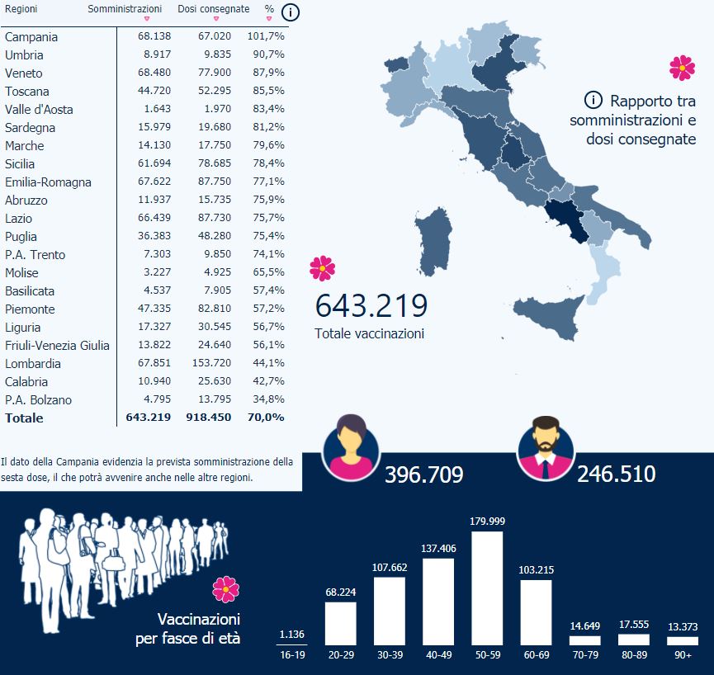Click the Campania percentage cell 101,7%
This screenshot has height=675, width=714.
(x=266, y=37)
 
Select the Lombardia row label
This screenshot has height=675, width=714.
(x=32, y=364)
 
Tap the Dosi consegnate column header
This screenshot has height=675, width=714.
(x=213, y=8)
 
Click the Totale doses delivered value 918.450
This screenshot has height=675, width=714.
(x=208, y=418)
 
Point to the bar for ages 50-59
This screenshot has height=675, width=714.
(x=486, y=588)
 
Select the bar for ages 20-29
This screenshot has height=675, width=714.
(x=340, y=623)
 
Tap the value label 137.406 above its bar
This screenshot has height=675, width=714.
(x=438, y=548)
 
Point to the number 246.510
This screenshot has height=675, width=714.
(x=617, y=474)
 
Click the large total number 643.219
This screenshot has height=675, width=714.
(x=371, y=306)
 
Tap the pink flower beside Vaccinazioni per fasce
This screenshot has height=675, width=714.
(x=225, y=589)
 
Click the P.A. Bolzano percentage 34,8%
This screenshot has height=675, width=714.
(x=266, y=400)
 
